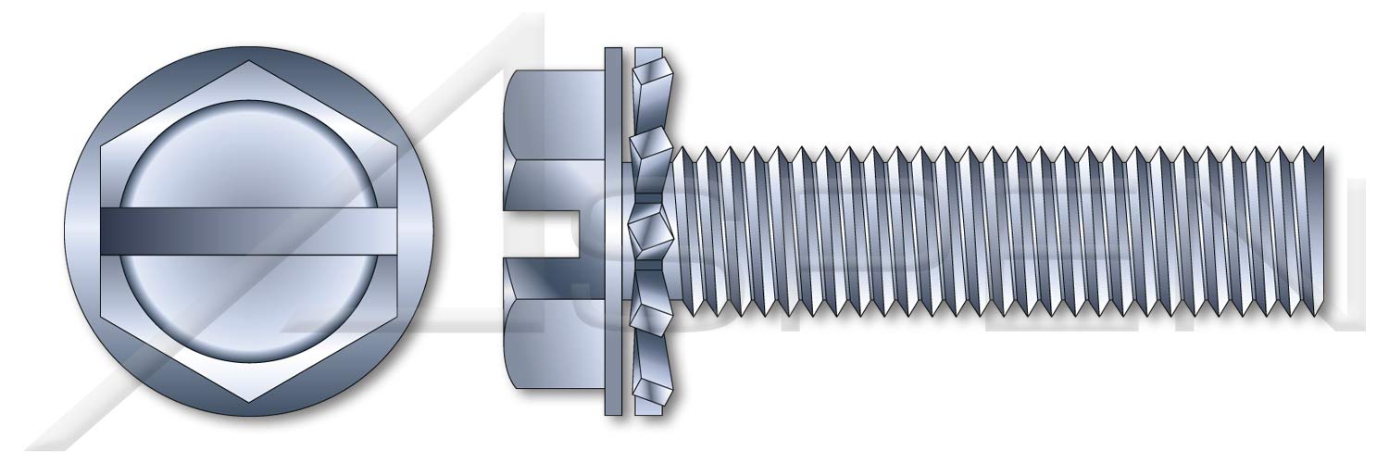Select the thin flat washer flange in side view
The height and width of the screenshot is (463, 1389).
click(x=613, y=231)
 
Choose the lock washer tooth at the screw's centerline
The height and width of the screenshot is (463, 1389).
click(x=648, y=231)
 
